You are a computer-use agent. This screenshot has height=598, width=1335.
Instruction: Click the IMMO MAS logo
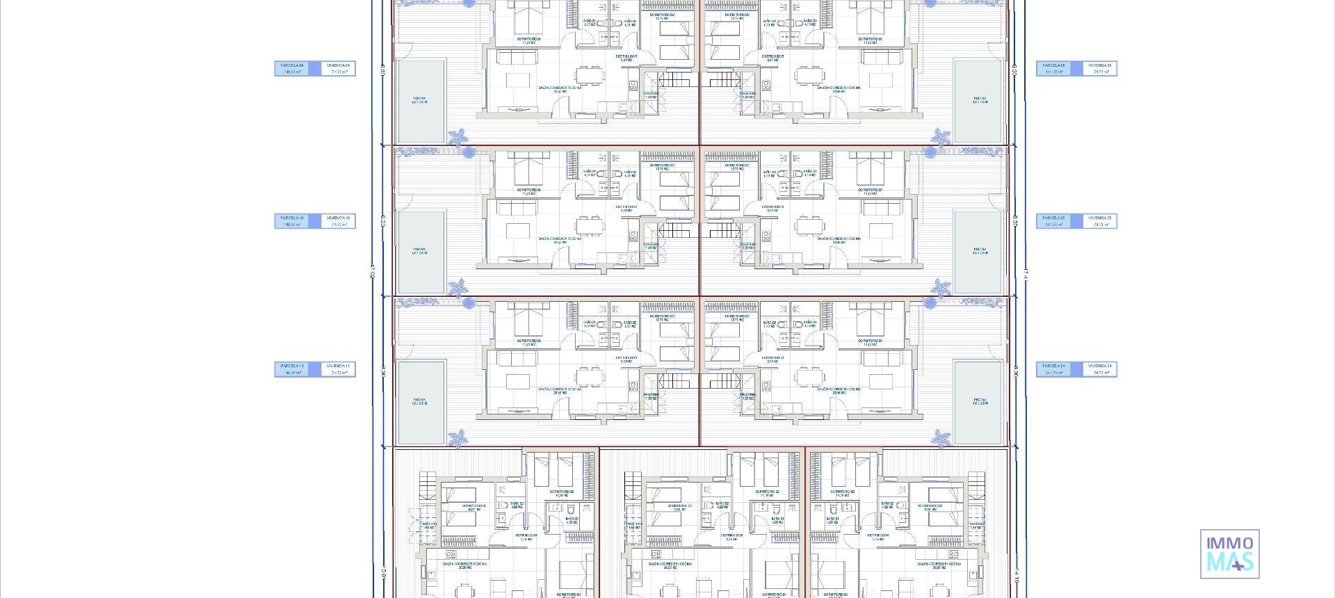tap(1229, 554)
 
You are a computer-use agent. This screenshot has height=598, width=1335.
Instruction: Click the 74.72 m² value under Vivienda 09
tap(339, 72)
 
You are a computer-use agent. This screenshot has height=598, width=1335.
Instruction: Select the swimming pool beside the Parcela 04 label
tap(980, 402)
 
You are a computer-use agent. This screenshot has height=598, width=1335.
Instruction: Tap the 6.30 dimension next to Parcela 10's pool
tap(383, 220)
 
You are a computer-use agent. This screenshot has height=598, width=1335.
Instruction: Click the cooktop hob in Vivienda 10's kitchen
tap(633, 237)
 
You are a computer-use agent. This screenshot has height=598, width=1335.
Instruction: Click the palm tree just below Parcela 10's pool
tap(458, 287)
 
